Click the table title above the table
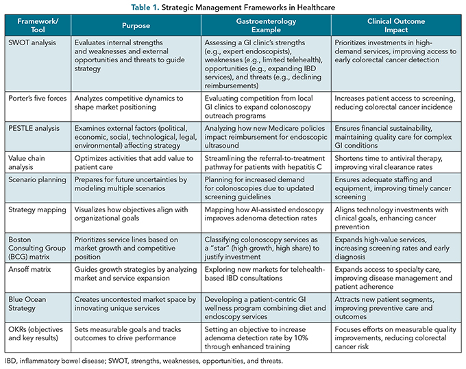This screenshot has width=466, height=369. point(232,8)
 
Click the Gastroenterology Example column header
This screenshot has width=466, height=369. point(267,25)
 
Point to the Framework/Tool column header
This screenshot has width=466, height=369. point(37,25)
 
